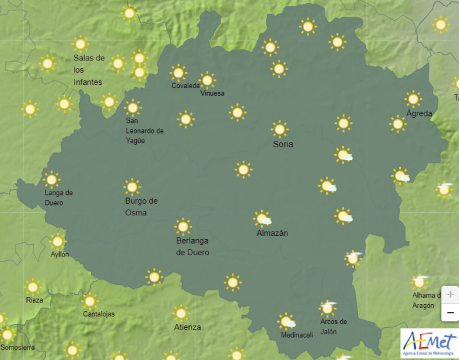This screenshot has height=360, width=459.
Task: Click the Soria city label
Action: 283,144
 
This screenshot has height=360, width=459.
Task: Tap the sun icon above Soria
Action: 280,129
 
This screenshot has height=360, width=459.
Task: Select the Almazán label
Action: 272,233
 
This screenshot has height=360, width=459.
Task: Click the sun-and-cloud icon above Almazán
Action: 262,219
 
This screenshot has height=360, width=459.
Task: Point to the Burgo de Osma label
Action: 141,206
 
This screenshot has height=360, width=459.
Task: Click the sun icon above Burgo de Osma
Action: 132,187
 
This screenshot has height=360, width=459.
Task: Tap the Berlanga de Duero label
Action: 192,247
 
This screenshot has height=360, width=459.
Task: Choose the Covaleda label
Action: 185,86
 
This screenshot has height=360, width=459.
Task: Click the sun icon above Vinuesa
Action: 207,80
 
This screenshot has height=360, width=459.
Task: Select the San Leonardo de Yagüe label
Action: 144,130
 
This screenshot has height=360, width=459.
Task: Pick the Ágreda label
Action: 419,113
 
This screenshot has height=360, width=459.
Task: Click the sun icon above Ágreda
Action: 413,99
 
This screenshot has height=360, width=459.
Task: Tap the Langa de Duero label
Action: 59,197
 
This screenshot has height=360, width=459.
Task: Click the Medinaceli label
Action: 296,335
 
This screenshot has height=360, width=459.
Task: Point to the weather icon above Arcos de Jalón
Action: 328,308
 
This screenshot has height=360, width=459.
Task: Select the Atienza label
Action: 187,327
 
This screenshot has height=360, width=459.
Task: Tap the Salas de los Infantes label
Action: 89,69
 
